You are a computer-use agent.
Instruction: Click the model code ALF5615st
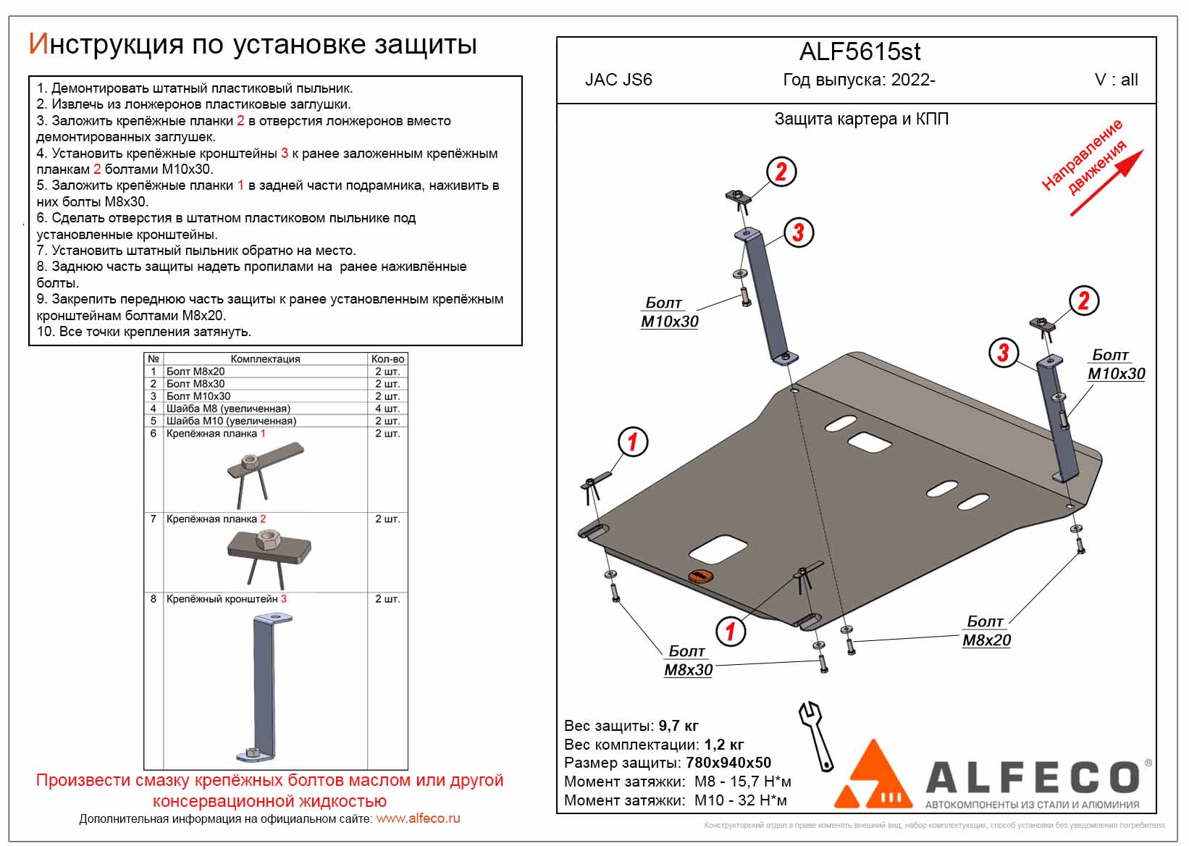click(x=860, y=52)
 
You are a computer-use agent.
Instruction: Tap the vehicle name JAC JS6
click(x=618, y=80)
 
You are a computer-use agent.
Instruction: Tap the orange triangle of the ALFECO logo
click(x=872, y=778)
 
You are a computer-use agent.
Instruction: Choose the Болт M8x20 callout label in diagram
click(x=986, y=632)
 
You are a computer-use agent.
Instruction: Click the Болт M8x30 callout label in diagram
click(x=688, y=661)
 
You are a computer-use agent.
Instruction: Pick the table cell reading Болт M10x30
click(x=198, y=396)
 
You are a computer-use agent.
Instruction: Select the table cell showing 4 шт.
click(x=387, y=409)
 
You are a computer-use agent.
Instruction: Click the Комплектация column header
click(x=265, y=359)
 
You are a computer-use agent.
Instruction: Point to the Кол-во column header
click(x=387, y=359)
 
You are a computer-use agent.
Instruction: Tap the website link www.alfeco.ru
click(x=418, y=818)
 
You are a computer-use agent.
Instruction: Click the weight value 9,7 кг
click(x=678, y=726)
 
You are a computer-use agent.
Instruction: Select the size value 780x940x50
click(x=728, y=763)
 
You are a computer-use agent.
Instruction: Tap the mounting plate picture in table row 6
click(x=264, y=471)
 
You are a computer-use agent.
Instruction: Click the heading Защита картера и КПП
click(x=861, y=120)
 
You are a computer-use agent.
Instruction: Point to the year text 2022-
click(x=913, y=80)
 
